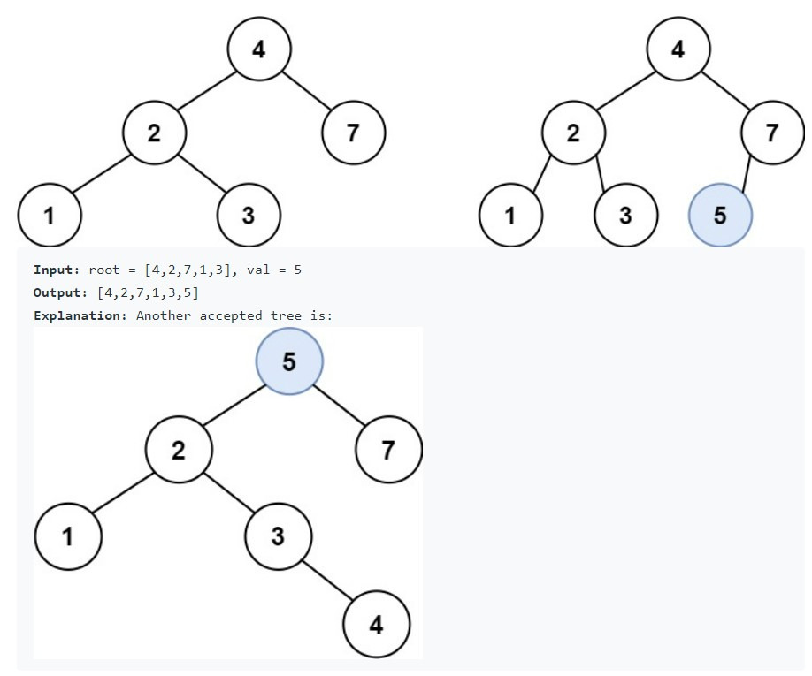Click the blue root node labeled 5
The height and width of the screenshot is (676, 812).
(x=289, y=361)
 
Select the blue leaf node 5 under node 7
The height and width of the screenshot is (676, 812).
(x=719, y=215)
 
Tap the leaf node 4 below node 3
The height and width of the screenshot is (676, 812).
(x=376, y=625)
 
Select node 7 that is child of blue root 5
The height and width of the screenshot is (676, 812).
(x=387, y=450)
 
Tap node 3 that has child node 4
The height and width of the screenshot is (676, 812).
(x=277, y=536)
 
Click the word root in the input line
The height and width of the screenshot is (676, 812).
(x=103, y=269)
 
